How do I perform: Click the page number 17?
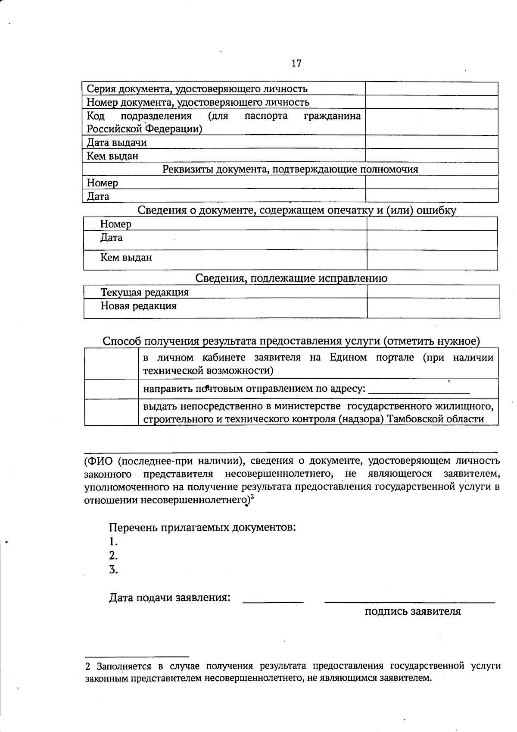click(296, 63)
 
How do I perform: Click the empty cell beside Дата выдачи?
click(432, 142)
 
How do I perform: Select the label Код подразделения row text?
click(224, 122)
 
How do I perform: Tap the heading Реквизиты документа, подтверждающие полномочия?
click(290, 169)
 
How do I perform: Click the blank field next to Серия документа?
click(432, 89)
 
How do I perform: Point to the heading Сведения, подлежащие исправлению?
click(291, 278)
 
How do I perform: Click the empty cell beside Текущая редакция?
click(433, 292)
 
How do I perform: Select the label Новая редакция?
click(138, 306)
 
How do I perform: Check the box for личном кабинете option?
click(111, 364)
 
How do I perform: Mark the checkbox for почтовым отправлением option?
click(111, 389)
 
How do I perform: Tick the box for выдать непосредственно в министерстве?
click(111, 412)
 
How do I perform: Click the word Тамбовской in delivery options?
click(413, 419)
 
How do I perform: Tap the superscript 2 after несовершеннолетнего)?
click(252, 497)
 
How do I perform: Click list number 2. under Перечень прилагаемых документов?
click(113, 556)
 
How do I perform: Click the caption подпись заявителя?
click(412, 612)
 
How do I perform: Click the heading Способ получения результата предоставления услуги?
click(291, 341)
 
